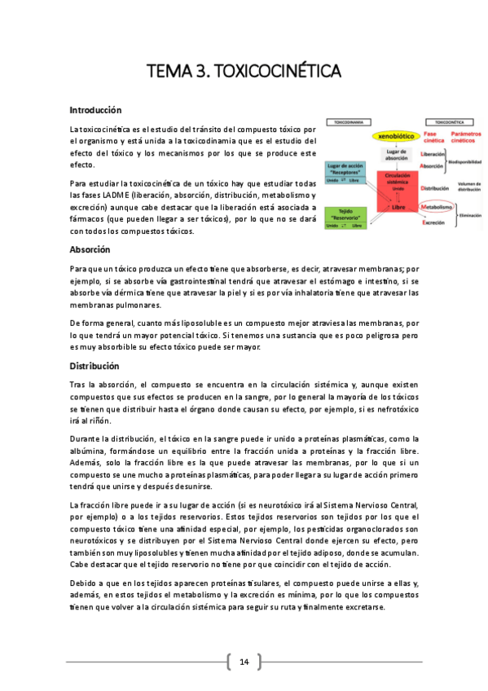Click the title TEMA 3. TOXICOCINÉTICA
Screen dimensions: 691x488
pyautogui.click(x=244, y=72)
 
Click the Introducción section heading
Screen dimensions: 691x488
pyautogui.click(x=95, y=110)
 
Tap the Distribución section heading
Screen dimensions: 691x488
pyautogui.click(x=95, y=366)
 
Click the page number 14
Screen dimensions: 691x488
pyautogui.click(x=244, y=660)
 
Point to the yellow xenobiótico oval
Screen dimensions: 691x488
pyautogui.click(x=395, y=136)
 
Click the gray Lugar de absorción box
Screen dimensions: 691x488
pyautogui.click(x=396, y=154)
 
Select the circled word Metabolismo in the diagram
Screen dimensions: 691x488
pyautogui.click(x=437, y=207)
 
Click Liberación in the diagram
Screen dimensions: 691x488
pyautogui.click(x=433, y=154)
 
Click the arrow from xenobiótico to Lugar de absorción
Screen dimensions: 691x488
pyautogui.click(x=396, y=145)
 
